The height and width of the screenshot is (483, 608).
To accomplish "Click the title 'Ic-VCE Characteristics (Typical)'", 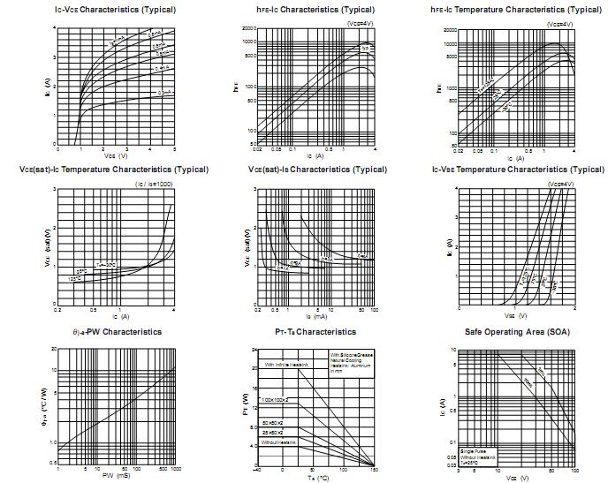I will [103, 10].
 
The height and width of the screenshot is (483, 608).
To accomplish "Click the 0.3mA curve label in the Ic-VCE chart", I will [163, 92].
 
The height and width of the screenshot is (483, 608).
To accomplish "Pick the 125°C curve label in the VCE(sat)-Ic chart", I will [75, 279].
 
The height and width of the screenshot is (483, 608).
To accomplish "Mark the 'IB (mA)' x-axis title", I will [315, 315].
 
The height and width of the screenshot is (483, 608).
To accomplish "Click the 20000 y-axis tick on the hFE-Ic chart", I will [247, 28].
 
